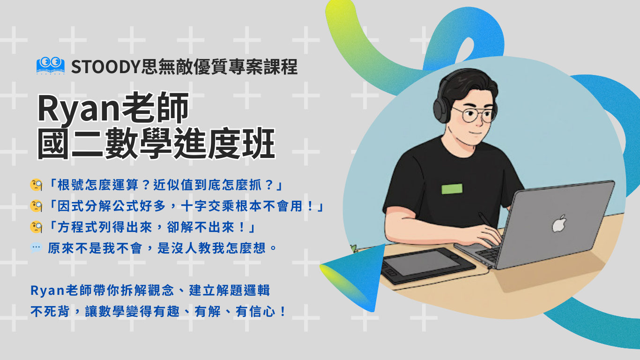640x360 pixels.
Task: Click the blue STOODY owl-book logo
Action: point(50,66)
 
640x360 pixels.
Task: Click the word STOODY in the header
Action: point(105,67)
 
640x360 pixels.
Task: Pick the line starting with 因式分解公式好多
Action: point(186,206)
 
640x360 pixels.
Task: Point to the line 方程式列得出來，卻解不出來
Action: point(151,227)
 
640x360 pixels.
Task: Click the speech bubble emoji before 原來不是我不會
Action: point(36,247)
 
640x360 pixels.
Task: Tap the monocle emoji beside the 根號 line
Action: point(36,185)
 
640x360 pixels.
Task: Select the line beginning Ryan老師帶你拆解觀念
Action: point(150,290)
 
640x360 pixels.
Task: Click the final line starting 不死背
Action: point(158,311)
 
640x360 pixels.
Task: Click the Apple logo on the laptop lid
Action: point(559,223)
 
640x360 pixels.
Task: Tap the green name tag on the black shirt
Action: point(452,189)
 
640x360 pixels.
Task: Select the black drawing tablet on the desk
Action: point(428,265)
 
